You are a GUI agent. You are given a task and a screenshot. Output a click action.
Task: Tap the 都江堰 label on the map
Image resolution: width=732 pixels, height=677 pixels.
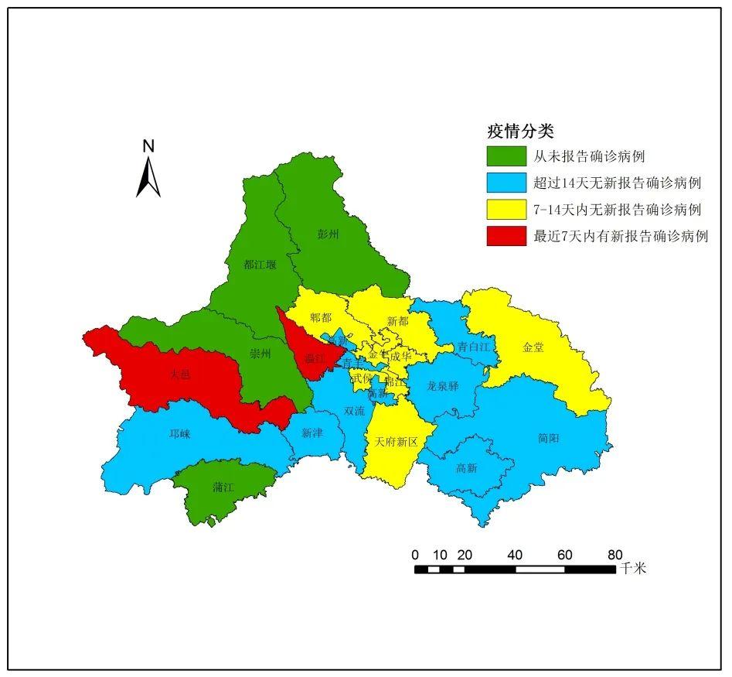tap(260, 265)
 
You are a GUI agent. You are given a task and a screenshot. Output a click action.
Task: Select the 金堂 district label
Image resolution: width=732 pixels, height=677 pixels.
tap(533, 347)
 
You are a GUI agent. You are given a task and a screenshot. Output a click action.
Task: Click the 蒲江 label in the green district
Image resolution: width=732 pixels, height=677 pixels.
tap(223, 488)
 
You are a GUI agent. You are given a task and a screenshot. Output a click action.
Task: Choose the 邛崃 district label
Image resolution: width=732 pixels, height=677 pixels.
tap(179, 435)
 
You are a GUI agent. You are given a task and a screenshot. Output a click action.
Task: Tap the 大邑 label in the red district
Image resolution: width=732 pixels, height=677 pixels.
tap(180, 375)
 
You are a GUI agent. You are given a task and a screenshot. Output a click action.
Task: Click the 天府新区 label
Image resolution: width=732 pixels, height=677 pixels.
tap(396, 442)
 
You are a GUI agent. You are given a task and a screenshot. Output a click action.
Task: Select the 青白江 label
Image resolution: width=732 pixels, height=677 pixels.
tap(472, 347)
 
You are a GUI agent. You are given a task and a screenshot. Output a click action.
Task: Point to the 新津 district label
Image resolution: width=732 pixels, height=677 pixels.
tap(312, 433)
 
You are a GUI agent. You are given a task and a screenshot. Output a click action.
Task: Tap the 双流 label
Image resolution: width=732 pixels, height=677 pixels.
tap(354, 411)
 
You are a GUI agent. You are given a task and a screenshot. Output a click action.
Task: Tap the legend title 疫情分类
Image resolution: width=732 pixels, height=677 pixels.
tap(520, 132)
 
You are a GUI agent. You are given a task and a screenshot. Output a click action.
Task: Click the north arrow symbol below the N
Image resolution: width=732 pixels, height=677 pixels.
tap(148, 177)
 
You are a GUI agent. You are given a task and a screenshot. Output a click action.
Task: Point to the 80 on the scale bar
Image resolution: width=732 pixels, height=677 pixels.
tap(615, 555)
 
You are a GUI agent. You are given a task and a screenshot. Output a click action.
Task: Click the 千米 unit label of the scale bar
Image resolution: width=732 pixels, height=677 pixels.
tap(632, 569)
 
